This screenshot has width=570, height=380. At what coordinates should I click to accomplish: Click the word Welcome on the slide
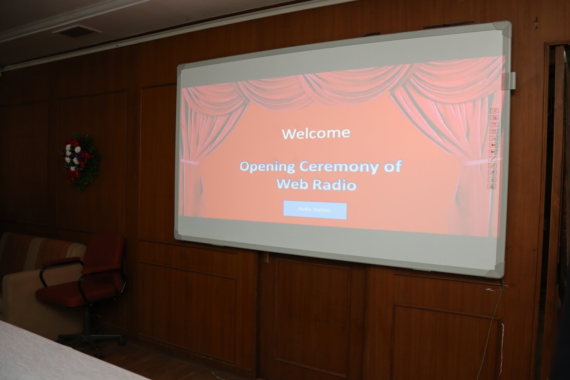pyautogui.click(x=316, y=133)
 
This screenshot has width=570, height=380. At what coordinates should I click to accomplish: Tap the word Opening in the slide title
pyautogui.click(x=267, y=167)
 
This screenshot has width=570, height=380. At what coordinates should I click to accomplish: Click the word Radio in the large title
pyautogui.click(x=334, y=185)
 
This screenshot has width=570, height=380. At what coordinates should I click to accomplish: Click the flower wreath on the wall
pyautogui.click(x=80, y=161)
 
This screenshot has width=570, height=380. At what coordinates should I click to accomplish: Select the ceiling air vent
pyautogui.click(x=77, y=31)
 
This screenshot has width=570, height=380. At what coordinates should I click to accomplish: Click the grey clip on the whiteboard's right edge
pyautogui.click(x=512, y=80)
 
